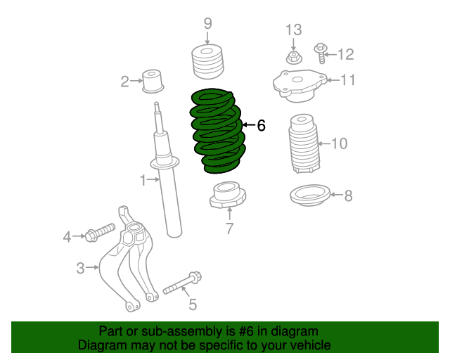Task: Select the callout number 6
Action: point(261,126)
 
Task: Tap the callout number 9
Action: point(207,24)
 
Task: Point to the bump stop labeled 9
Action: point(207,62)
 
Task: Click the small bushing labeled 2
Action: point(152,79)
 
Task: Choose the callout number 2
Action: point(124,82)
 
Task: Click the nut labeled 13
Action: point(292,56)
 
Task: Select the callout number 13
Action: point(293,30)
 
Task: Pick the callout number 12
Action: point(346,54)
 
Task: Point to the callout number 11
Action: point(349,80)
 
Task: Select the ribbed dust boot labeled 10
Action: point(304,143)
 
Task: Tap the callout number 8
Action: point(348,195)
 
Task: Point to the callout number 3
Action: point(80,267)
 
